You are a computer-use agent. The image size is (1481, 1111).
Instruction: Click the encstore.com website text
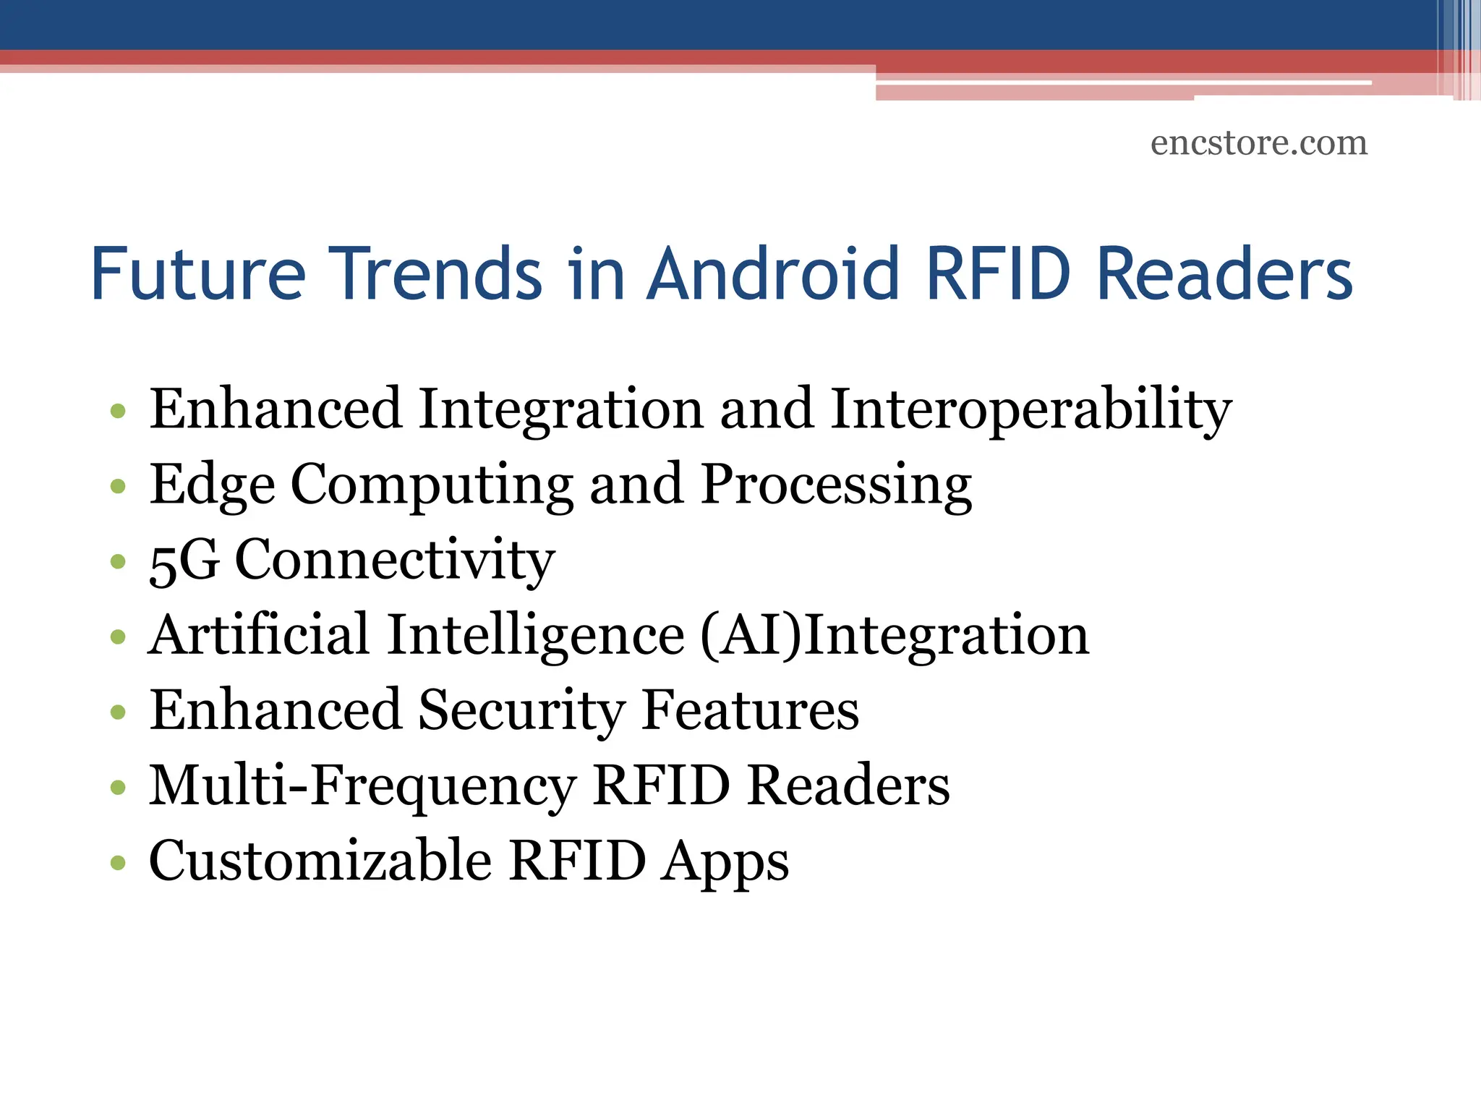(x=1259, y=142)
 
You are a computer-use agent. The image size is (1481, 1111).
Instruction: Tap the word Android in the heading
(x=772, y=274)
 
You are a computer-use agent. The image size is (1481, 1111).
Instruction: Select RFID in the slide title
(x=998, y=274)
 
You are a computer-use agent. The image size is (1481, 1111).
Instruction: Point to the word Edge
(x=212, y=485)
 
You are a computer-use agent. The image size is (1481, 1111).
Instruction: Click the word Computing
(x=432, y=485)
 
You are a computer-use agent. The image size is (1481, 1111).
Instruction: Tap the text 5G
(x=184, y=561)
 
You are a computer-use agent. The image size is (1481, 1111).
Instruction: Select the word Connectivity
(x=395, y=561)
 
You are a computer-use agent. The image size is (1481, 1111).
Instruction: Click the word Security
(x=521, y=711)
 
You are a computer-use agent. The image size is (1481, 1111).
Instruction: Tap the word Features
(x=750, y=711)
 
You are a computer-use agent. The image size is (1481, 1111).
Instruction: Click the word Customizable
(x=320, y=861)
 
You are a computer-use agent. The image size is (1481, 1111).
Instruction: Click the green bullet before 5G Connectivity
(x=118, y=562)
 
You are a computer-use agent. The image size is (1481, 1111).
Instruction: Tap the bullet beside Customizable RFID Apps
(x=118, y=863)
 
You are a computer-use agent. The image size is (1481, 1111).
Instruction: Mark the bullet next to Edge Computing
(x=118, y=487)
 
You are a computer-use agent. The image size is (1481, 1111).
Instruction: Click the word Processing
(x=836, y=485)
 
